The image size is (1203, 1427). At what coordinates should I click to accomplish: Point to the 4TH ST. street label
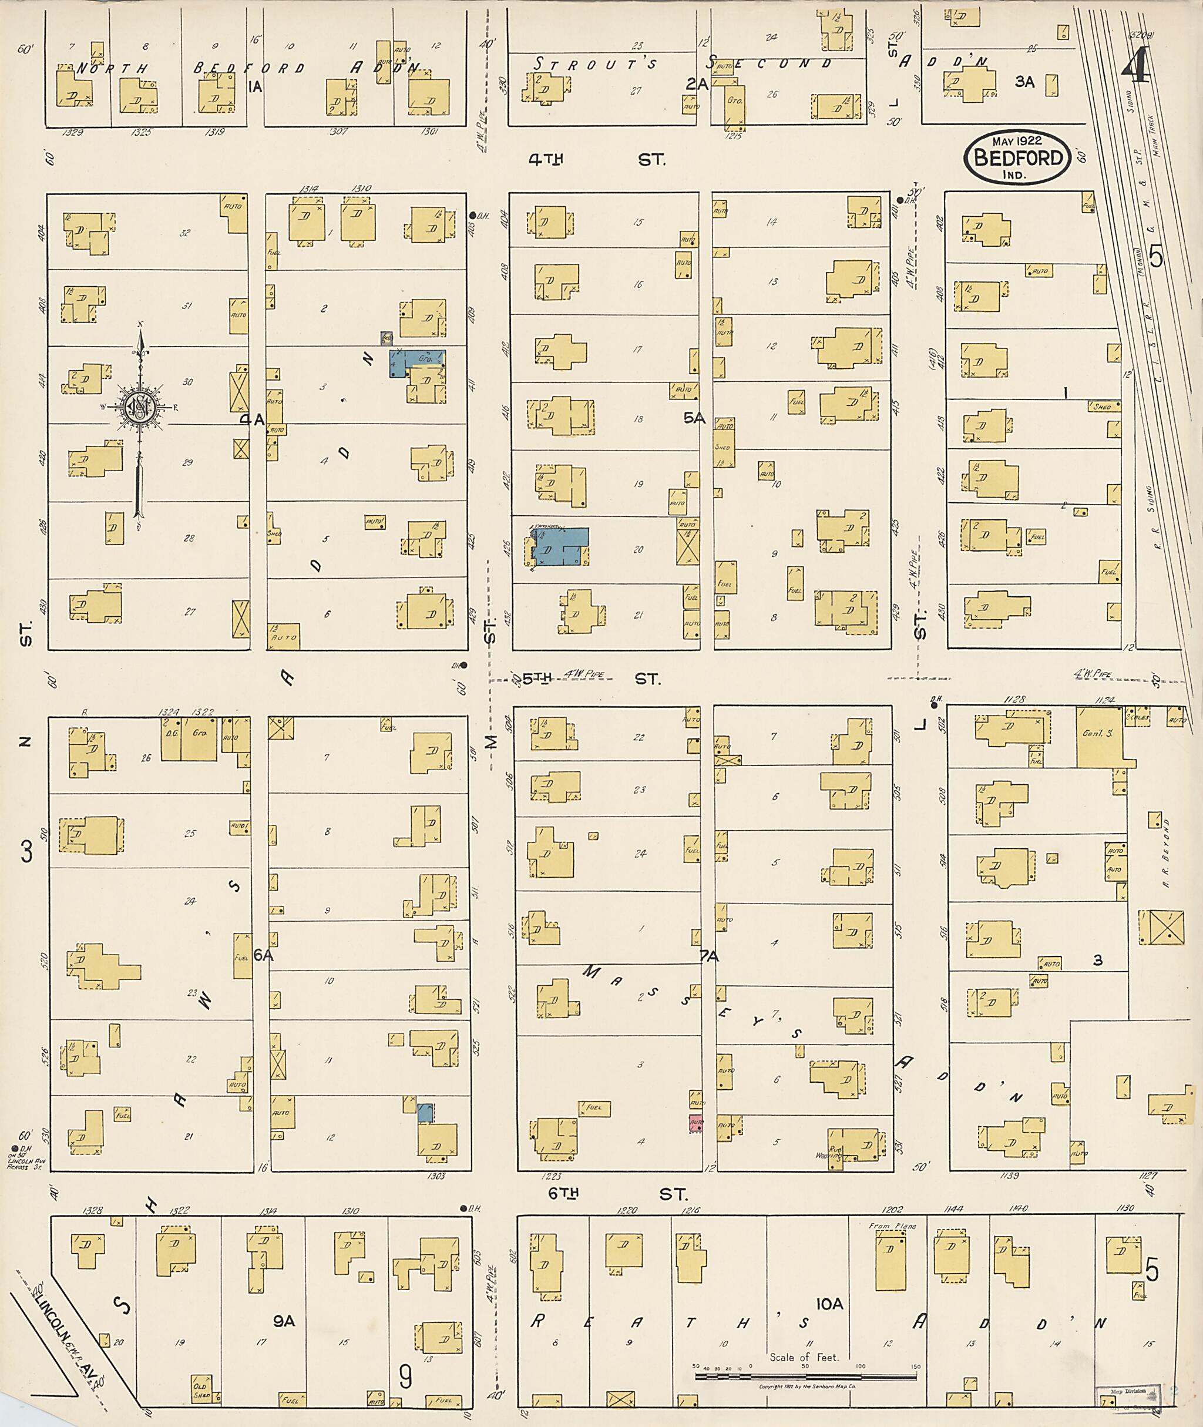point(597,160)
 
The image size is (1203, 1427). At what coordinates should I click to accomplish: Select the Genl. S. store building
point(1100,737)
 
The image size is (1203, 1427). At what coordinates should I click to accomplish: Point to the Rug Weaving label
point(835,1153)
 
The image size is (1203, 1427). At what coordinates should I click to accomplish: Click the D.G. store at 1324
point(170,738)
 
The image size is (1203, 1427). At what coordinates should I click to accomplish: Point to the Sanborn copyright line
point(808,1386)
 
